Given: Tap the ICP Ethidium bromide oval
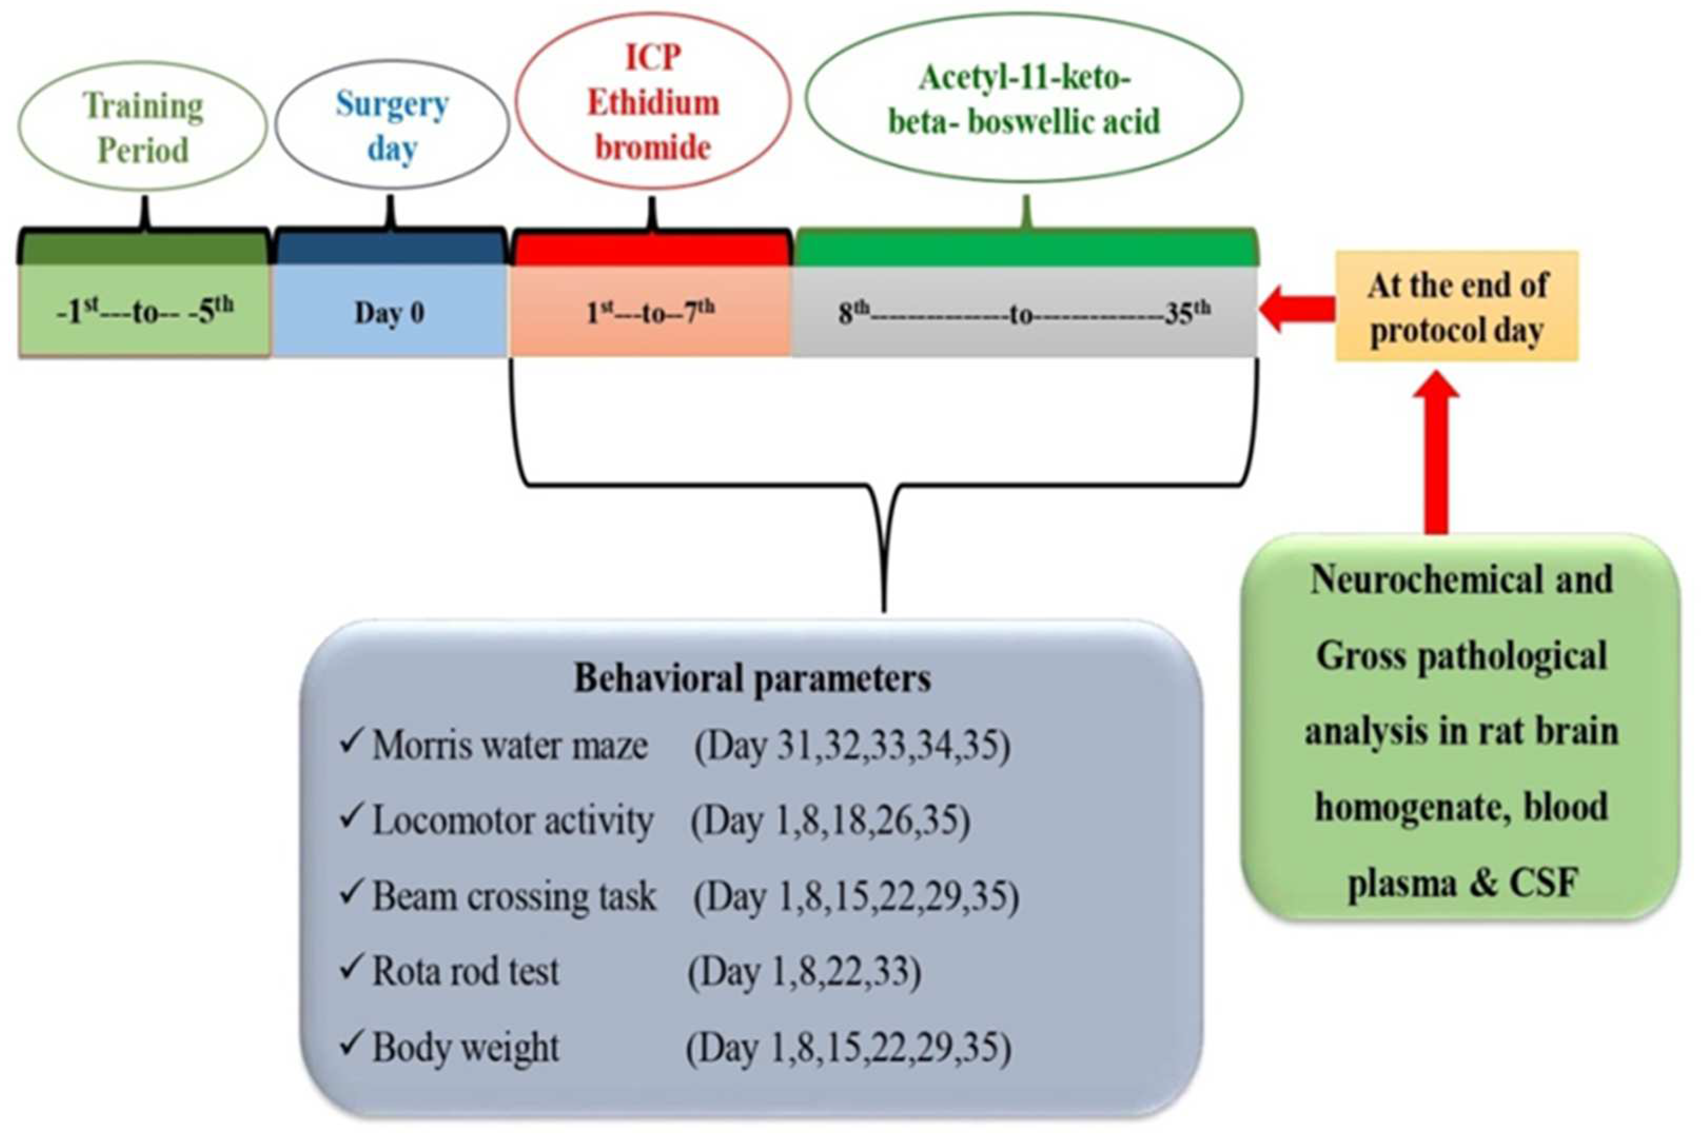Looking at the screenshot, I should [652, 102].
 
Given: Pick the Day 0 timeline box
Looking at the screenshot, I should [389, 312].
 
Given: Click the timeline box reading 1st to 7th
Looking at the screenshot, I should [650, 311].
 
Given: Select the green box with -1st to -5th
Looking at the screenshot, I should [145, 311].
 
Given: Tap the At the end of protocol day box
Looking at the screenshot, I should [1457, 306].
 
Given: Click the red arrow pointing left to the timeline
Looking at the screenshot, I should [1297, 309].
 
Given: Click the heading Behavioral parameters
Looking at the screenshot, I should [752, 678].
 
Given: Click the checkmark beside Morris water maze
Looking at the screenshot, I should [351, 742].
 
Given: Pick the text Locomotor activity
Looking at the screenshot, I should [513, 821].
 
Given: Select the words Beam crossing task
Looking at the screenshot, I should [514, 896].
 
